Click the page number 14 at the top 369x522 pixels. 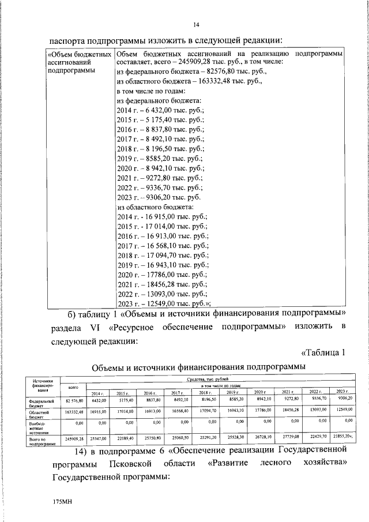click(x=195, y=24)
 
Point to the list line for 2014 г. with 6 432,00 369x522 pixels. click(x=156, y=111)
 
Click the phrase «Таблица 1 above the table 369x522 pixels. click(x=322, y=353)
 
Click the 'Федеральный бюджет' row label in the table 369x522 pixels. click(x=42, y=403)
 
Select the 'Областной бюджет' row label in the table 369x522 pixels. click(x=42, y=415)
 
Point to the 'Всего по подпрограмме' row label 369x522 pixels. click(x=42, y=441)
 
